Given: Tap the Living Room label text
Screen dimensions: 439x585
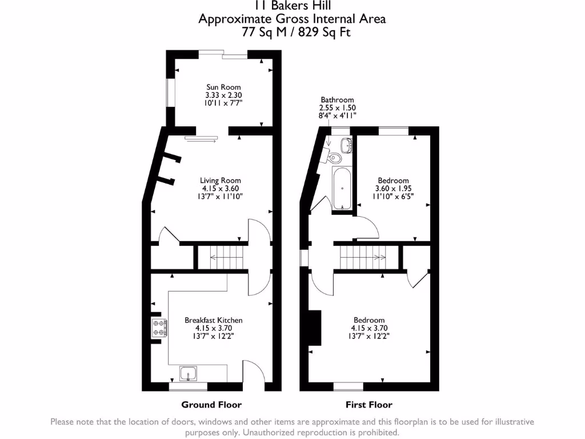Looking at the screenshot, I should (x=220, y=181).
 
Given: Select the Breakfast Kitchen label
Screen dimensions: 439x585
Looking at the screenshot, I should (x=213, y=320).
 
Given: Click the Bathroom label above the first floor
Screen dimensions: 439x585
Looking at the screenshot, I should (x=337, y=99).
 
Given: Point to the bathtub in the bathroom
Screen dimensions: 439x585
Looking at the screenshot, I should (x=342, y=189).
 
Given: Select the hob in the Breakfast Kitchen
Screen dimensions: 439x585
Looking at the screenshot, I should (x=159, y=328).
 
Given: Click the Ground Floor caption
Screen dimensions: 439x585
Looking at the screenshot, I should (x=211, y=405).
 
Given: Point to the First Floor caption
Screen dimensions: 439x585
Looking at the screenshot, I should (x=368, y=405).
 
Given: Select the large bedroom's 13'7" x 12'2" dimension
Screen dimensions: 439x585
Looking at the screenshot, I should (x=368, y=337).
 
